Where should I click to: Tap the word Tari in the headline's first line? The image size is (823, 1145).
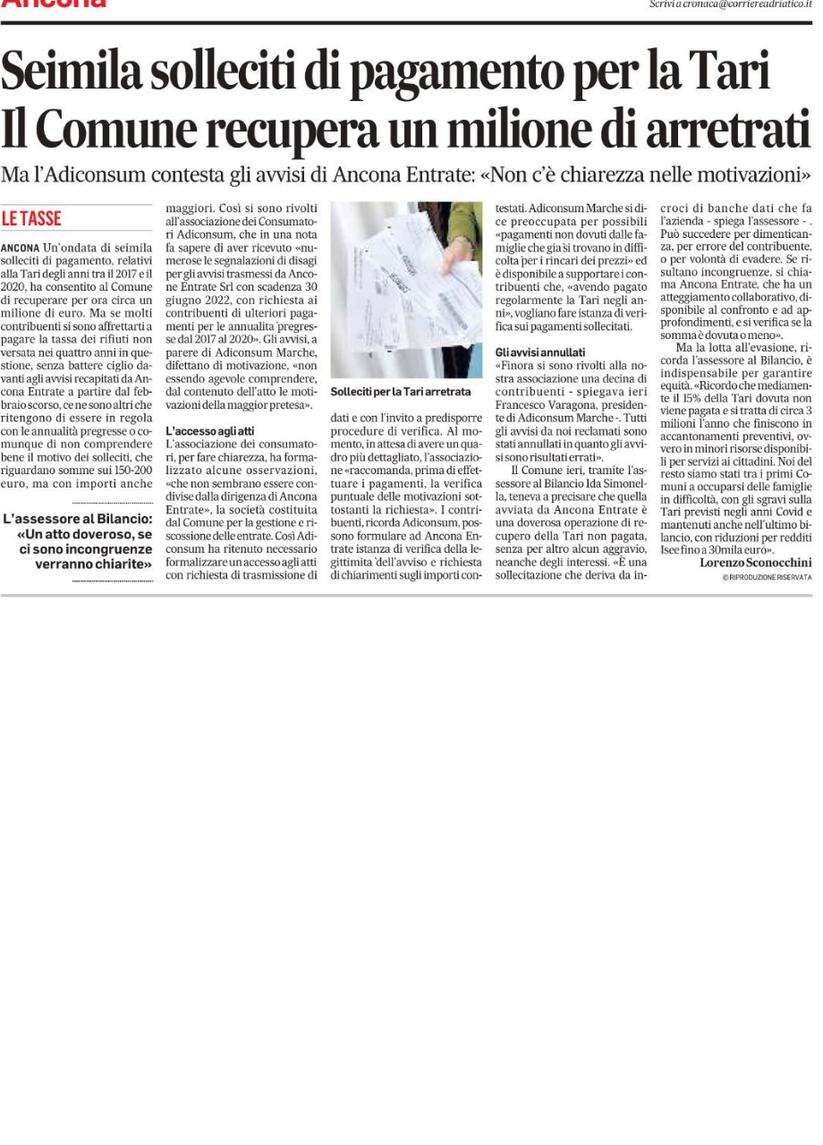click(x=730, y=72)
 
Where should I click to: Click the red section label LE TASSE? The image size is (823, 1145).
click(x=31, y=218)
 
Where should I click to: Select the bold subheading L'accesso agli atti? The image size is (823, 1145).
click(x=210, y=431)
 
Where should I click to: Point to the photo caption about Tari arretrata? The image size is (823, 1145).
click(x=400, y=392)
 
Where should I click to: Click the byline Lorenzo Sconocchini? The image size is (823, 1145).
click(x=755, y=563)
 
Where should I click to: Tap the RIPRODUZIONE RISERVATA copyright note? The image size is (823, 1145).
click(x=767, y=578)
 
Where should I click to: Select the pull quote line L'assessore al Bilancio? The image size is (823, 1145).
click(x=78, y=519)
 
